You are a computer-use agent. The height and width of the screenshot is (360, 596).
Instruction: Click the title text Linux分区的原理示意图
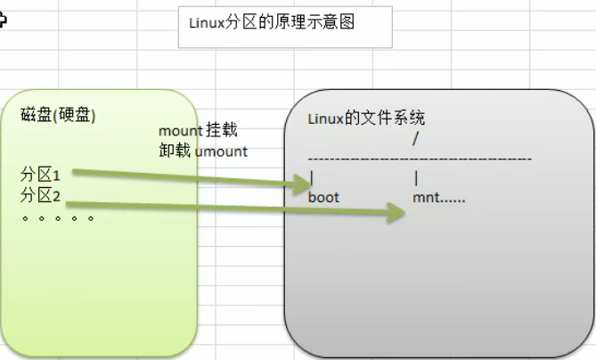(272, 22)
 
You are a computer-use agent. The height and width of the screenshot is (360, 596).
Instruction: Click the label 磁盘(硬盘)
(58, 116)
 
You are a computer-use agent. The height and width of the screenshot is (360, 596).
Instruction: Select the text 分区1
(39, 175)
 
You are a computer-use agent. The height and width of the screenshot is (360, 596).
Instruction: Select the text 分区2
(39, 195)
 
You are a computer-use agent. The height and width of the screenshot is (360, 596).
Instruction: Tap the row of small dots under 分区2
(58, 217)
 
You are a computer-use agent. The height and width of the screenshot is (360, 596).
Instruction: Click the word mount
(180, 132)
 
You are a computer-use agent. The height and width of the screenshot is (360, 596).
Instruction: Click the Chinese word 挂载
(222, 132)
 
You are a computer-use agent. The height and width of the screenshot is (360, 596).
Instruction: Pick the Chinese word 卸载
(175, 151)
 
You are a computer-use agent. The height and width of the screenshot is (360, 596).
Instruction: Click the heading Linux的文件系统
(366, 118)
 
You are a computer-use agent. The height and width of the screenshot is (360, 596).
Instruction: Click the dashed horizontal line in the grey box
(419, 159)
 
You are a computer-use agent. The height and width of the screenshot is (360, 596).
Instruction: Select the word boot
(323, 197)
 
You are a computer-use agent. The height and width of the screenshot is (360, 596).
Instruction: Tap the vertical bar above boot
(311, 177)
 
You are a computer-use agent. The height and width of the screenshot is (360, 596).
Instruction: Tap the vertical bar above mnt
(416, 177)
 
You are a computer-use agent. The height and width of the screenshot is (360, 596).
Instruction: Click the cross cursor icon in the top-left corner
(3, 20)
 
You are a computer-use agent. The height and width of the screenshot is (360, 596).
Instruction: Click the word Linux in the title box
(206, 23)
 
